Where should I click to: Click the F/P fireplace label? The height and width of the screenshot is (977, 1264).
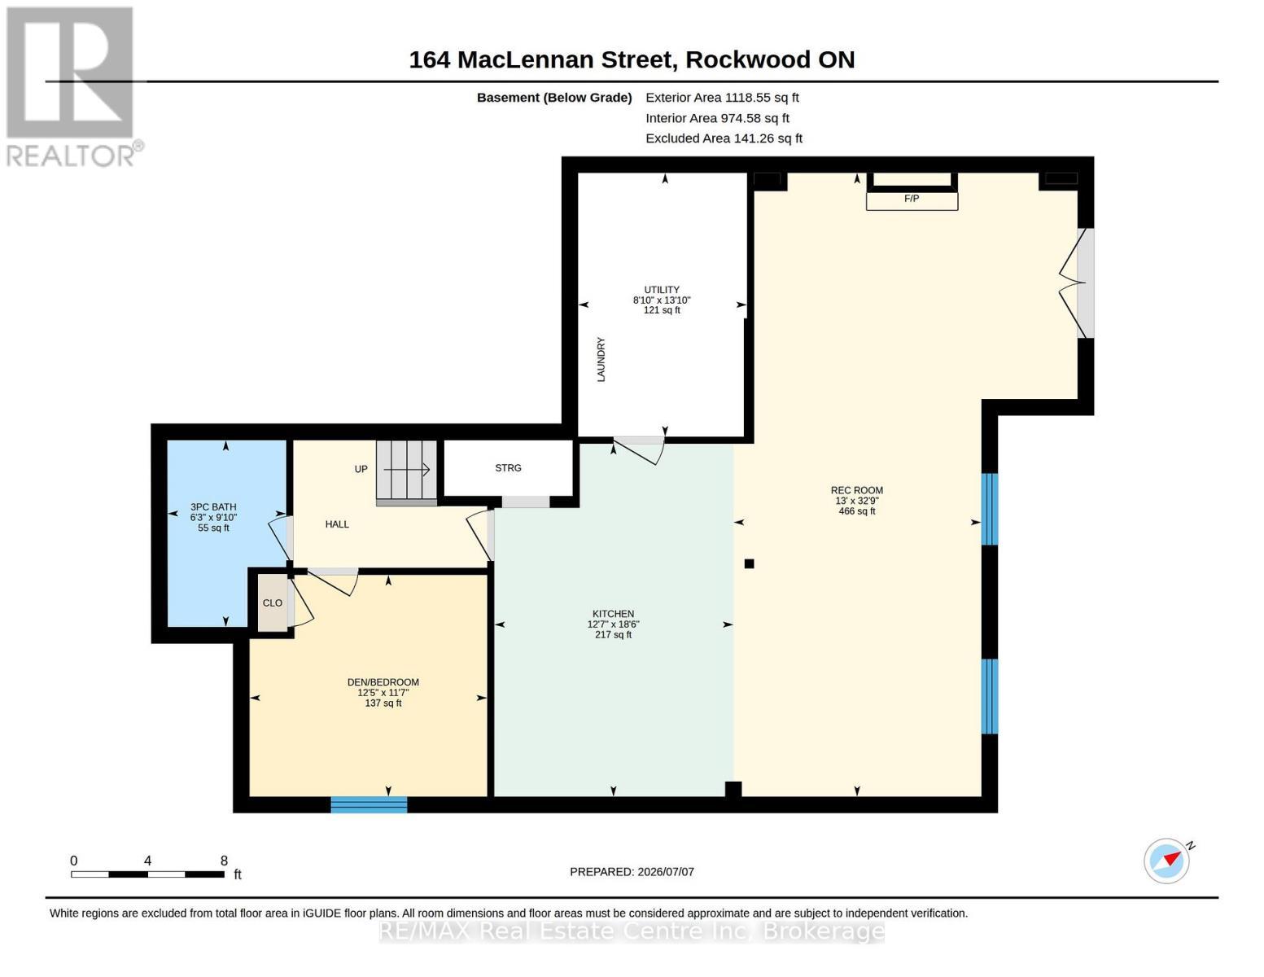click(x=911, y=199)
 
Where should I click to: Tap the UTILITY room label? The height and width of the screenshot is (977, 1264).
click(x=662, y=290)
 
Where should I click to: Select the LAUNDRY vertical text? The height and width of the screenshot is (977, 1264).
click(x=601, y=359)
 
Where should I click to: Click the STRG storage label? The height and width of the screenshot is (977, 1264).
click(x=508, y=468)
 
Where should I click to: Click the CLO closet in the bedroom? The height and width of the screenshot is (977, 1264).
click(x=272, y=602)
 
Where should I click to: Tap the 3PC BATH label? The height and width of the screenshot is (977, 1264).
click(x=213, y=507)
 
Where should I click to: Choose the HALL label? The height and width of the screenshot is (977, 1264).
click(x=337, y=524)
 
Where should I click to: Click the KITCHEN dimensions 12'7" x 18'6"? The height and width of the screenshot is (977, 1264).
click(x=613, y=624)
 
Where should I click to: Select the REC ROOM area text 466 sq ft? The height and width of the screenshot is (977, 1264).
click(x=856, y=511)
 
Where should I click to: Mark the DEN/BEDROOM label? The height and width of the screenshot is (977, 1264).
click(x=383, y=682)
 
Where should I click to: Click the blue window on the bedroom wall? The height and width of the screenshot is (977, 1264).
click(x=369, y=804)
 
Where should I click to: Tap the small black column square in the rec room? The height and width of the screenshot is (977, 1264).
click(x=750, y=563)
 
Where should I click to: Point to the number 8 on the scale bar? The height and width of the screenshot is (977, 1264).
click(x=224, y=860)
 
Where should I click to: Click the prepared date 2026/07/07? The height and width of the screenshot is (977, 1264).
click(x=666, y=872)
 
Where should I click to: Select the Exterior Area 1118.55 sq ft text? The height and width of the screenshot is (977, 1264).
click(x=722, y=98)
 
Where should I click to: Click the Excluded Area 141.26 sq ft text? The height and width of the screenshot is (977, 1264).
click(x=724, y=138)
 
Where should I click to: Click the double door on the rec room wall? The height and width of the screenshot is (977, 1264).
click(x=1076, y=283)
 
